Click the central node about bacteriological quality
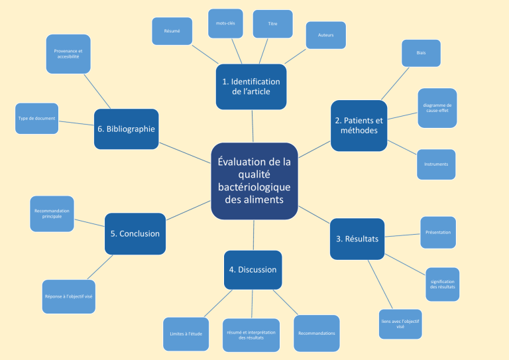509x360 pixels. pyautogui.click(x=254, y=180)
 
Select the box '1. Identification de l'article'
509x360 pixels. pyautogui.click(x=251, y=86)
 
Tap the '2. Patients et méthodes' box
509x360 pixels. pyautogui.click(x=359, y=125)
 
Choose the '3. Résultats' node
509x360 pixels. pyautogui.click(x=357, y=239)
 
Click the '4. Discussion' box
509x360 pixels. pyautogui.click(x=253, y=270)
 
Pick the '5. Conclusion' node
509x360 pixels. pyautogui.click(x=135, y=233)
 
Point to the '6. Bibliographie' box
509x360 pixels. pyautogui.click(x=126, y=129)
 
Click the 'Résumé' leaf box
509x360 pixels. pyautogui.click(x=172, y=31)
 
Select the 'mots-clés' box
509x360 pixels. pyautogui.click(x=225, y=24)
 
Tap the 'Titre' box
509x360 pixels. pyautogui.click(x=272, y=24)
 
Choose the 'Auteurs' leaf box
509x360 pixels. pyautogui.click(x=325, y=35)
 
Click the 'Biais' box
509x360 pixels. pyautogui.click(x=421, y=53)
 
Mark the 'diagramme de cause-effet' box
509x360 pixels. pyautogui.click(x=437, y=108)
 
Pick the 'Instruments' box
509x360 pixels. pyautogui.click(x=435, y=164)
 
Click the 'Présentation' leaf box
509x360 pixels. pyautogui.click(x=437, y=232)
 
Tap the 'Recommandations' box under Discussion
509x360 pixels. pyautogui.click(x=316, y=333)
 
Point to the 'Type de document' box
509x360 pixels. pyautogui.click(x=36, y=119)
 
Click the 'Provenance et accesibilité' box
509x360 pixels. pyautogui.click(x=68, y=54)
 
